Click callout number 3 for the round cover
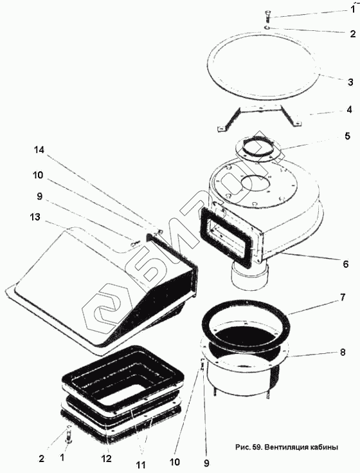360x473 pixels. click(350, 82)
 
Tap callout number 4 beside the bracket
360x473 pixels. click(349, 109)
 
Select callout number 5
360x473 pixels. click(347, 136)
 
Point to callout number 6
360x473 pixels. click(346, 264)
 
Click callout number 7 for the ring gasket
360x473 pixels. click(343, 297)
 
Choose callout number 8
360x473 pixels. click(343, 353)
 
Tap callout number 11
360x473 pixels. click(141, 464)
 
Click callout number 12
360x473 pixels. click(107, 458)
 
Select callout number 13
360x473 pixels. click(35, 217)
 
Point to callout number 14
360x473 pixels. click(39, 150)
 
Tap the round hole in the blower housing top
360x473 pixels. click(255, 183)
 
